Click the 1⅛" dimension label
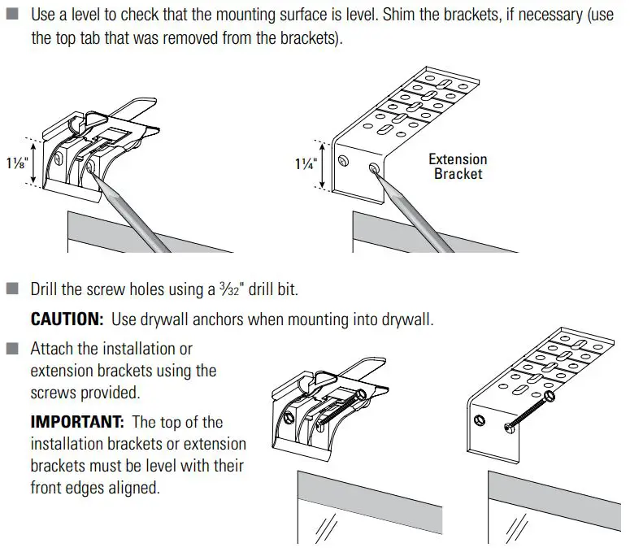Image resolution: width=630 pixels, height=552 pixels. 17,163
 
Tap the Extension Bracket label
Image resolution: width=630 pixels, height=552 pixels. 458,167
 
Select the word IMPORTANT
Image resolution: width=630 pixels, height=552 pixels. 77,423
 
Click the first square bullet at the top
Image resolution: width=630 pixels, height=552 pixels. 11,15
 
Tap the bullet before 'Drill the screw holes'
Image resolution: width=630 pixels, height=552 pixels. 11,289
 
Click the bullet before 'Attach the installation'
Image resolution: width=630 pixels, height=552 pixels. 11,349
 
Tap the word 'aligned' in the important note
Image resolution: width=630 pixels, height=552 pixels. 131,488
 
